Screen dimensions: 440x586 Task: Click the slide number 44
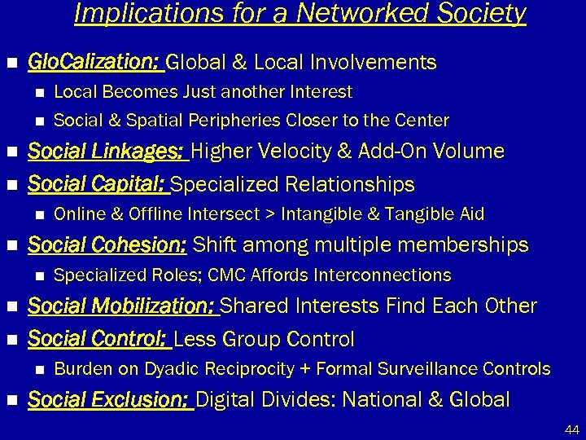(571, 429)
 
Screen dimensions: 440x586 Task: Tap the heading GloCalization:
(94, 63)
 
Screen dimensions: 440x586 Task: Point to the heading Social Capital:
(98, 185)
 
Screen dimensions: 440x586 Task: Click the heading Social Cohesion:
(107, 244)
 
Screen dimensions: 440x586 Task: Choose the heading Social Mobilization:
(122, 306)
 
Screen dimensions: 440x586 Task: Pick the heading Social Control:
(98, 339)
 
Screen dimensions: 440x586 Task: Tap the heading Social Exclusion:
(110, 400)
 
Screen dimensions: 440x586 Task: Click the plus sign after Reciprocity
(303, 369)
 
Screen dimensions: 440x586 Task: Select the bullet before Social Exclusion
(11, 400)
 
